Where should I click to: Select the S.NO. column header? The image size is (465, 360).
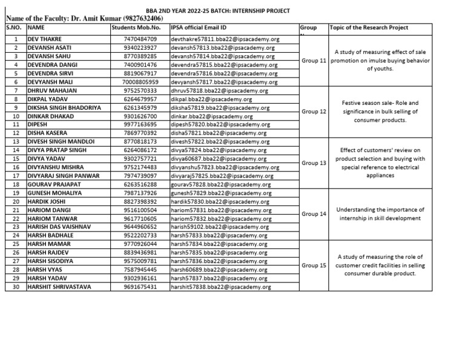[13, 28]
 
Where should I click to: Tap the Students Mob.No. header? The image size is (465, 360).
[136, 28]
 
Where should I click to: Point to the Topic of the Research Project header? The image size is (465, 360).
[369, 28]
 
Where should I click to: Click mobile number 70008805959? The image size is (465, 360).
[140, 82]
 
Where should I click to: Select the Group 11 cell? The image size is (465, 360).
[314, 61]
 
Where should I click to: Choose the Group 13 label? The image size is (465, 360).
[314, 163]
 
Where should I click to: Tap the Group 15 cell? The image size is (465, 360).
[314, 265]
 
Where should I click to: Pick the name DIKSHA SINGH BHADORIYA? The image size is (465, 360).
[65, 107]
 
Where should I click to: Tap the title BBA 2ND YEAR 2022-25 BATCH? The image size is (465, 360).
[205, 11]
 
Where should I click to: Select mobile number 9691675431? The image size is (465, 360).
[140, 287]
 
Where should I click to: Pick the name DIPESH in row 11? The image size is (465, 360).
[38, 124]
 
